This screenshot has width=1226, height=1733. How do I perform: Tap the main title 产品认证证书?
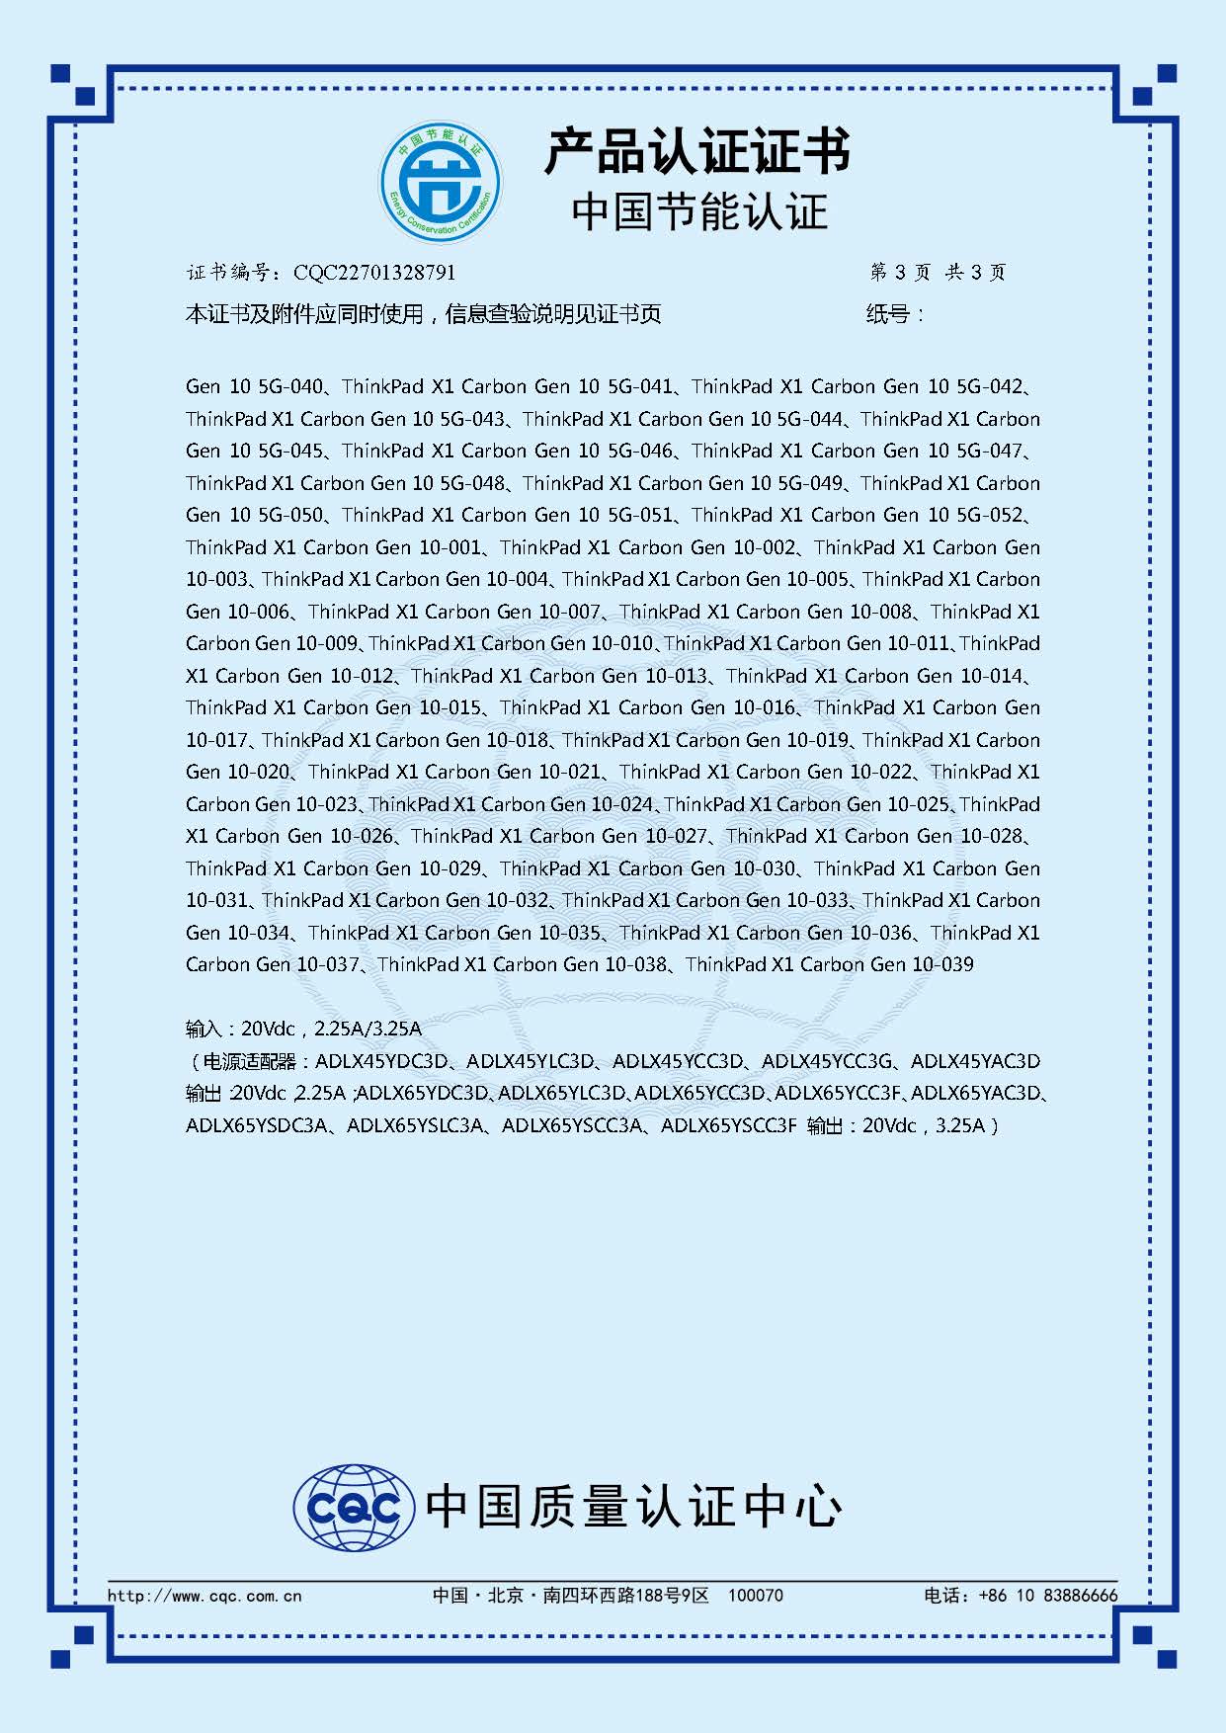point(697,151)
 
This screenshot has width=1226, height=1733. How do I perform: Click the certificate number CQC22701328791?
point(374,273)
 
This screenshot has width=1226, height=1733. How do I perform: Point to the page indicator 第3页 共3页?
point(937,273)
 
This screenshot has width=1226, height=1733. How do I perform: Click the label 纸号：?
point(895,314)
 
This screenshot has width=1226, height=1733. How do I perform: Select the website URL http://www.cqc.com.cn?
point(204,1595)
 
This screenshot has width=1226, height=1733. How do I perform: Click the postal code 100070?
point(755,1595)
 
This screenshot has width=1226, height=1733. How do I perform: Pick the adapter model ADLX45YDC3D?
point(380,1061)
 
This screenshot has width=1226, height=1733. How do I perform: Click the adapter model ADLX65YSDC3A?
point(255,1125)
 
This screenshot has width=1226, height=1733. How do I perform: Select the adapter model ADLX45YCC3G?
point(827,1061)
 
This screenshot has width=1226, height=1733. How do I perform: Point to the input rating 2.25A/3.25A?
point(368,1029)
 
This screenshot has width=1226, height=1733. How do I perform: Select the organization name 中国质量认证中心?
point(633,1507)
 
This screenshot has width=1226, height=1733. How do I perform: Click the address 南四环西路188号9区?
point(626,1595)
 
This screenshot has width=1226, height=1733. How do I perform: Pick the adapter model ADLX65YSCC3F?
point(728,1125)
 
